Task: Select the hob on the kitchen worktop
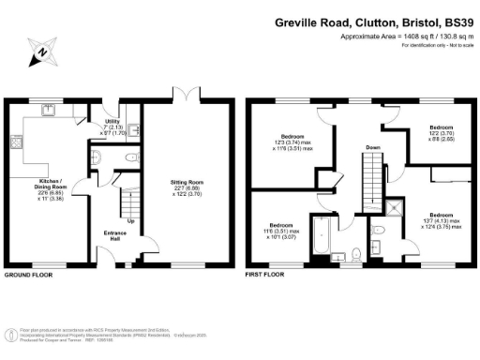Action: tap(16, 143)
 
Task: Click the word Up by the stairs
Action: tap(129, 221)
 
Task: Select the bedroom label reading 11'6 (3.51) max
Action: tap(281, 231)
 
